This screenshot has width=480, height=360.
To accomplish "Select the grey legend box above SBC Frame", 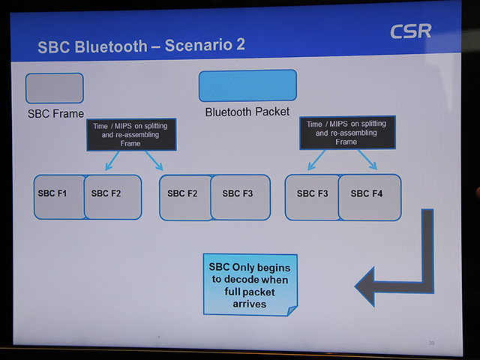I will click(54, 88).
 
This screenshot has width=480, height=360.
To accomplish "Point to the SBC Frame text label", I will click(55, 114).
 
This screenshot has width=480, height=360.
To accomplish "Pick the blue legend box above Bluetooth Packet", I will click(247, 85).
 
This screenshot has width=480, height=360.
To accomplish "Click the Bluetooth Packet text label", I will click(247, 112).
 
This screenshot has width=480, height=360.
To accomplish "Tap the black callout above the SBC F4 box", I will click(347, 133).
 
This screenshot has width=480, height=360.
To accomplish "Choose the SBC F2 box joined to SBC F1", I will click(112, 196).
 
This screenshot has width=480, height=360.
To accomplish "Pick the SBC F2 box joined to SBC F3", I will click(183, 196).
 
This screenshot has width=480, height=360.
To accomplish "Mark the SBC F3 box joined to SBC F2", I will click(239, 196).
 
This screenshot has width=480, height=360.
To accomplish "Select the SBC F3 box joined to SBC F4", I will click(311, 196).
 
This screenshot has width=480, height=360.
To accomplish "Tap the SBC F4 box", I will click(369, 196).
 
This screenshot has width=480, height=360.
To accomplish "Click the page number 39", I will click(431, 343).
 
